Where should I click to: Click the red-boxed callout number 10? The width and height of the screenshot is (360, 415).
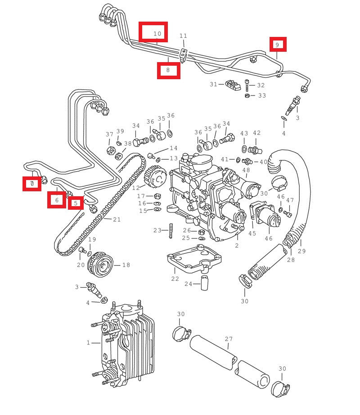coord(153,32)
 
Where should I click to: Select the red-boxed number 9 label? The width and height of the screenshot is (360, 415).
coord(278,45)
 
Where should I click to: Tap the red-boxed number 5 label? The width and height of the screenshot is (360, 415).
coord(76,203)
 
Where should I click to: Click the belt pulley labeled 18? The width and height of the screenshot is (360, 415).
coord(103,265)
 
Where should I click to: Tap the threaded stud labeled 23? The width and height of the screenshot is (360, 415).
coord(171,230)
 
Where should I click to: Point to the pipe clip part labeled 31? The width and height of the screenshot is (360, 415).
coord(231,84)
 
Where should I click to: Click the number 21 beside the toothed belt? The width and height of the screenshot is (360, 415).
coord(117,220)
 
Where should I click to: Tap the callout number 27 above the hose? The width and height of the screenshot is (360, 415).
coord(229,339)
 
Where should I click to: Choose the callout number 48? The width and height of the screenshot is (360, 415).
coord(246,170)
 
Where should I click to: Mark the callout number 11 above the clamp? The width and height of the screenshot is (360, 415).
coord(183,36)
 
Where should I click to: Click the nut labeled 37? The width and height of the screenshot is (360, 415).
coord(109,149)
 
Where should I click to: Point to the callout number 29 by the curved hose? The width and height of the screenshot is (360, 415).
coord(301,251)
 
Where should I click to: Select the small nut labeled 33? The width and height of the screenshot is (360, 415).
coord(247,95)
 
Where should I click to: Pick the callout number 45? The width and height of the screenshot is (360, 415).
coord(252,233)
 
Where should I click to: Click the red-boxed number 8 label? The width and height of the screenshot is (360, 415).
coord(168,70)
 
